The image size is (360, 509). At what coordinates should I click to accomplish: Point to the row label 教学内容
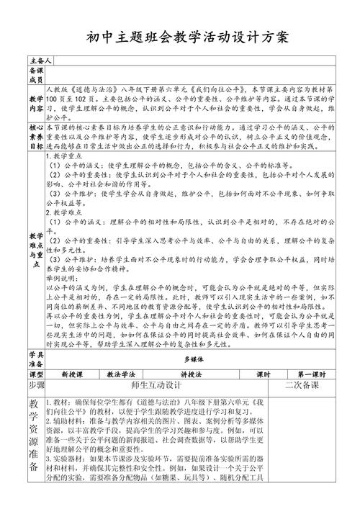(x=36, y=102)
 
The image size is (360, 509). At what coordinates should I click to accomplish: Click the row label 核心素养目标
(x=36, y=133)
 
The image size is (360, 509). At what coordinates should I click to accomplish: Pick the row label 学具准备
(x=36, y=361)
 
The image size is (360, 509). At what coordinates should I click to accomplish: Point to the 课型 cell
(x=36, y=375)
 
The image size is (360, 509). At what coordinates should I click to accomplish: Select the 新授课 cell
(x=73, y=375)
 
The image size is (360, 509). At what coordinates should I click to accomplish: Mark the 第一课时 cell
(x=310, y=375)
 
